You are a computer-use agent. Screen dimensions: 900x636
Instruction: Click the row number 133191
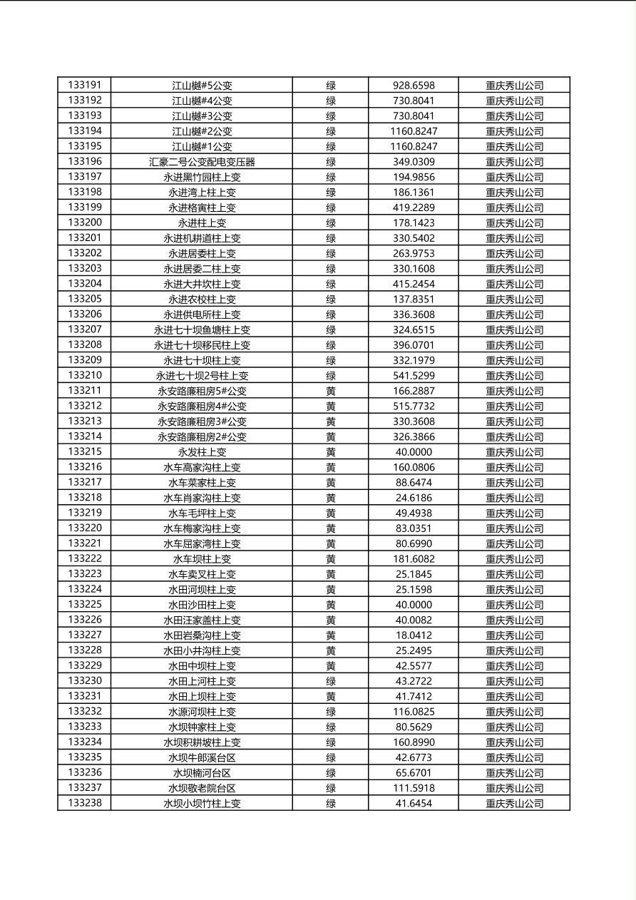85,85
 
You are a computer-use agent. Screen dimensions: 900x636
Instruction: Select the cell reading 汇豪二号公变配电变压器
202,162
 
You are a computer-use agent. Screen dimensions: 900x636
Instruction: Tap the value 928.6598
414,86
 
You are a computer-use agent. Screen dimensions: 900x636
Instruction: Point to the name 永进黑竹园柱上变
202,177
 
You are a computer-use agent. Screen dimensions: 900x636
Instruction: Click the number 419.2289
414,208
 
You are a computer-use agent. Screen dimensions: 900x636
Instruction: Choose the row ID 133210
85,375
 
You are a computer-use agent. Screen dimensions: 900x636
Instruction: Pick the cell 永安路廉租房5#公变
202,391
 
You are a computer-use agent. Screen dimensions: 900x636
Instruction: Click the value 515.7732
414,406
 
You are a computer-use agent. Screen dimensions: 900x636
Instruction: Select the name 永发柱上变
202,452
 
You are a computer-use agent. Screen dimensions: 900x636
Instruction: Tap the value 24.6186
414,498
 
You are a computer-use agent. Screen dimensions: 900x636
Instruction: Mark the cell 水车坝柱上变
202,559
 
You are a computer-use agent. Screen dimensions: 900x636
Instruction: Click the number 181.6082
414,559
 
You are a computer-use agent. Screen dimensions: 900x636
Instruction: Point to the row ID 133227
85,635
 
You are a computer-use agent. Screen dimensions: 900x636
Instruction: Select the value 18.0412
414,635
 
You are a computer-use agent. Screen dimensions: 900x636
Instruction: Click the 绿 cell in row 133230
331,681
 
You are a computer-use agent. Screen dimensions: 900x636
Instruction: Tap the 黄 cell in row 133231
331,697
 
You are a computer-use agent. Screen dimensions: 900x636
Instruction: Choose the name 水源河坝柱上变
202,712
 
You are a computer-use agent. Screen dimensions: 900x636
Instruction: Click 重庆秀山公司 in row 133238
514,804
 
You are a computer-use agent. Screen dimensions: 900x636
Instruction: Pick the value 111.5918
414,788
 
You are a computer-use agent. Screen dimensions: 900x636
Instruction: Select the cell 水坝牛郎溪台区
202,757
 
